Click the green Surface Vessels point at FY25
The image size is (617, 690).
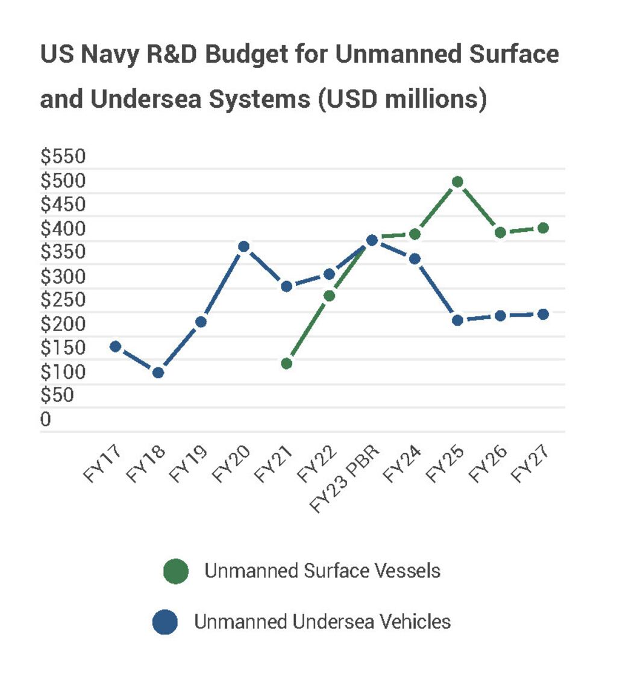(x=457, y=182)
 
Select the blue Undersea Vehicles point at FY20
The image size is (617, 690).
(x=243, y=247)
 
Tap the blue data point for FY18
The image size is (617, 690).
(x=158, y=373)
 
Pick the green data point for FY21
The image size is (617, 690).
(x=287, y=364)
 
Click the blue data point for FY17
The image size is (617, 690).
(x=115, y=346)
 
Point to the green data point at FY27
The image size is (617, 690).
(x=543, y=228)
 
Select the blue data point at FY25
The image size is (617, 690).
(x=457, y=320)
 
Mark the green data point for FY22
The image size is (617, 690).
(x=330, y=296)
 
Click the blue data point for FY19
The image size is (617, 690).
(x=201, y=322)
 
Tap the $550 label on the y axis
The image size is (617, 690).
(x=63, y=157)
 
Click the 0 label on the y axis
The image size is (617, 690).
(x=46, y=420)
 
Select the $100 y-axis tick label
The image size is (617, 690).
(x=63, y=372)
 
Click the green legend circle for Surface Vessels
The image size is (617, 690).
(x=176, y=571)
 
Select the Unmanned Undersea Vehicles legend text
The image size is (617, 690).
(x=322, y=621)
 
